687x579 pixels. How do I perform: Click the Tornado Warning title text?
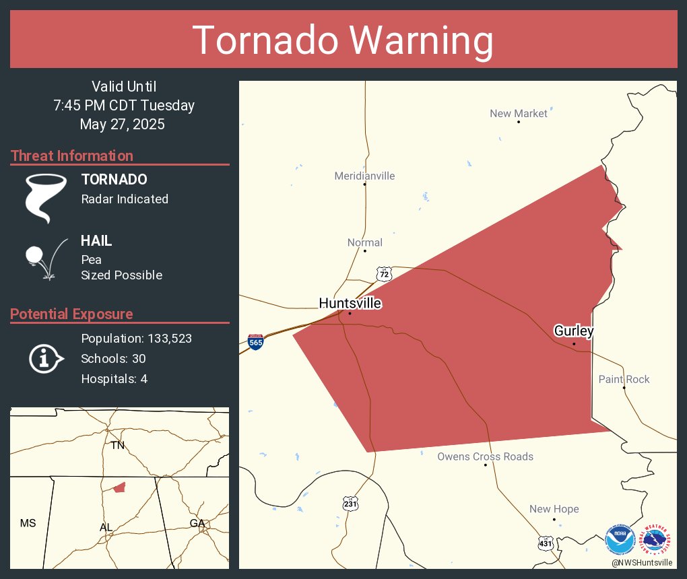(343, 40)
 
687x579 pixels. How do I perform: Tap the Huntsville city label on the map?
(350, 304)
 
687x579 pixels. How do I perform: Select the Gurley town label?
(573, 331)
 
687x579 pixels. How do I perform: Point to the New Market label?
(518, 113)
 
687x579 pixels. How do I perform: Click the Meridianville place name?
(364, 176)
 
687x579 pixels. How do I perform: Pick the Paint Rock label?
(624, 379)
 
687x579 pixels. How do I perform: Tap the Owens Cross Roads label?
(485, 456)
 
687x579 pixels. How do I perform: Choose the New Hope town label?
(554, 509)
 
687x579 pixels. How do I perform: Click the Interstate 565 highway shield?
(255, 341)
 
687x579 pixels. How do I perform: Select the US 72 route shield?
(383, 273)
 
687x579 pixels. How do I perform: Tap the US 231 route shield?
(351, 504)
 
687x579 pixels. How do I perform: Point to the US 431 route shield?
(546, 542)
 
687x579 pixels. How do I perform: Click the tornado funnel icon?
(45, 197)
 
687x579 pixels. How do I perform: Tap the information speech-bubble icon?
(45, 358)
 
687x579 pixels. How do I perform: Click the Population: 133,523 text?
(136, 338)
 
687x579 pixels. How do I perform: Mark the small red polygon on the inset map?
(119, 487)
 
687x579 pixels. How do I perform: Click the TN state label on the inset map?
(118, 445)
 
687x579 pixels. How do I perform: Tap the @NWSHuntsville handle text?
(641, 562)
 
